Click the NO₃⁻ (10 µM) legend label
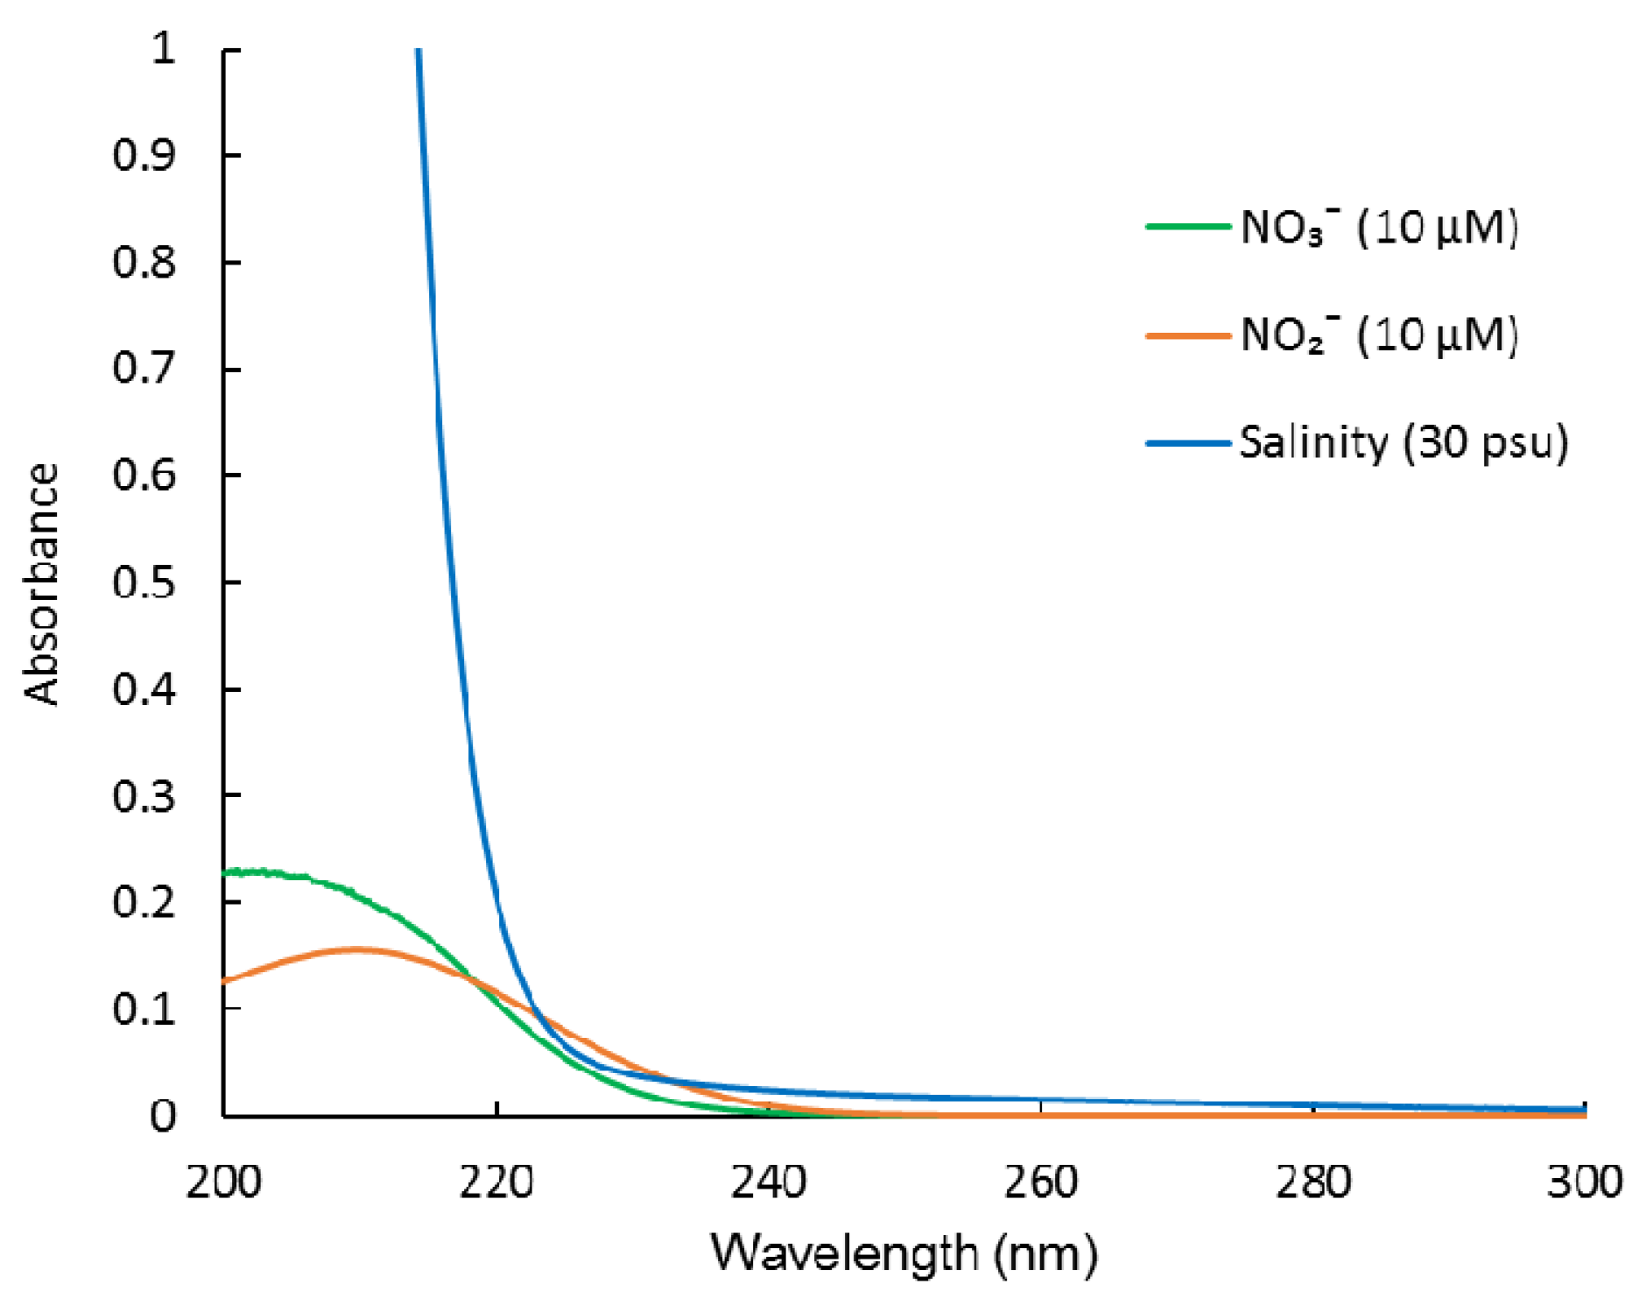point(1379,228)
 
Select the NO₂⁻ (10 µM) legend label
point(1379,335)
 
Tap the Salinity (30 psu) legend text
point(1403,443)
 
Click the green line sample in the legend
point(1188,227)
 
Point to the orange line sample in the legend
point(1188,335)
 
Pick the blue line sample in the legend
point(1188,443)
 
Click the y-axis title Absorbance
point(41,583)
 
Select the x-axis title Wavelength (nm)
point(904,1252)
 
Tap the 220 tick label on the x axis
point(496,1183)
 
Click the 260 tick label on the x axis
point(1040,1183)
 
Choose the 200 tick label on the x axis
point(224,1183)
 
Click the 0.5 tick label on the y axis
point(144,582)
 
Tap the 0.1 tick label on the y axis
point(144,1009)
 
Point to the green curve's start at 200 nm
point(227,873)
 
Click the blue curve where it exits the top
point(419,53)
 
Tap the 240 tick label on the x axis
point(768,1183)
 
